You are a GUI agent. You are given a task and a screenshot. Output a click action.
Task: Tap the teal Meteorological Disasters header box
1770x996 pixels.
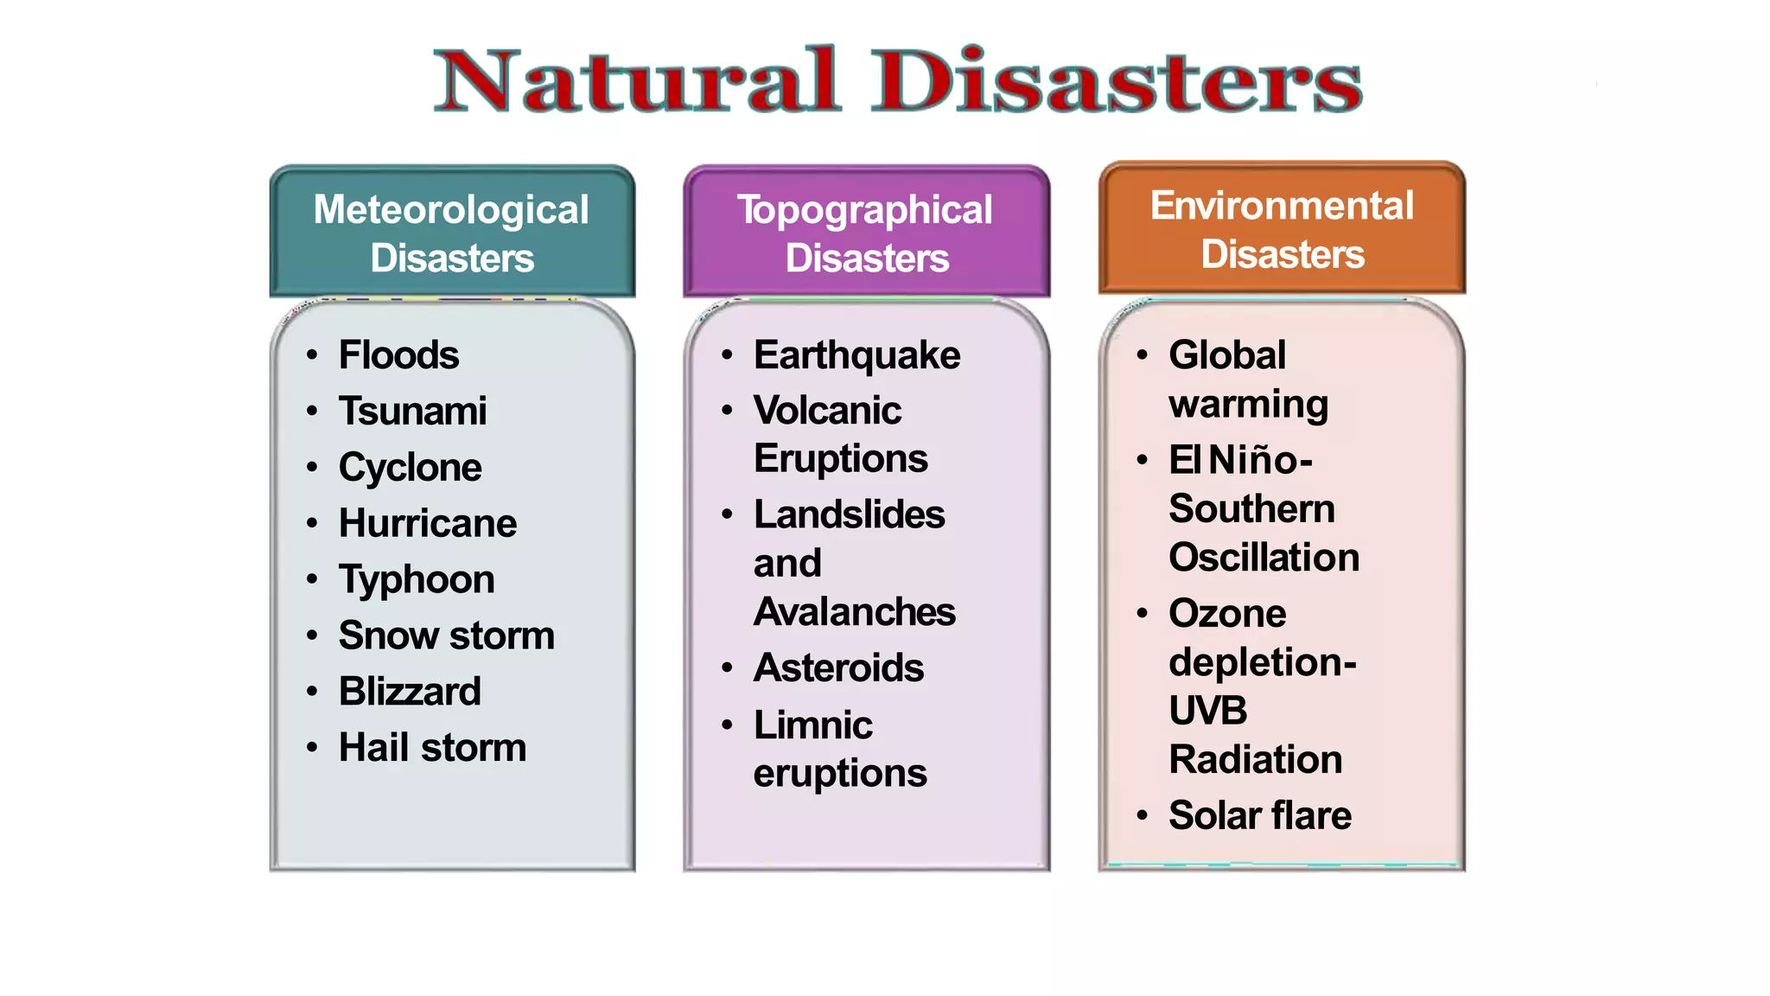pyautogui.click(x=452, y=233)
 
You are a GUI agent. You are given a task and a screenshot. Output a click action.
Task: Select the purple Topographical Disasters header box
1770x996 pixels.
pyautogui.click(x=866, y=233)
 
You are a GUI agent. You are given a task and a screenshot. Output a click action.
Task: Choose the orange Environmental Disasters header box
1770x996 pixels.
pyautogui.click(x=1282, y=229)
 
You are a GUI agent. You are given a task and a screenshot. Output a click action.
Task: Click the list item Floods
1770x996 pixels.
pyautogui.click(x=398, y=355)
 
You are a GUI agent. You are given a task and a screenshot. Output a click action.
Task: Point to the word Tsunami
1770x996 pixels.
pyautogui.click(x=412, y=411)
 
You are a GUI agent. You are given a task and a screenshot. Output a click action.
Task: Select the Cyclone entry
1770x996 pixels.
pyautogui.click(x=410, y=468)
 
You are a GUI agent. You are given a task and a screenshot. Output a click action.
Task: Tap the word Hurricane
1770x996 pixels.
pyautogui.click(x=428, y=523)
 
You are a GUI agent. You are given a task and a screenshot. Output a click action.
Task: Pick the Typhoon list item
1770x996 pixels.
pyautogui.click(x=417, y=579)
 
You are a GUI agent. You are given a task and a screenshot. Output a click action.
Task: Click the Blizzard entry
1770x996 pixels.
pyautogui.click(x=410, y=692)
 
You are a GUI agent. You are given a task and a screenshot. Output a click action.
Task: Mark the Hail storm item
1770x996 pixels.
pyautogui.click(x=432, y=748)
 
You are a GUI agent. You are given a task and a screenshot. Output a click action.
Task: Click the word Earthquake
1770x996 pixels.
pyautogui.click(x=856, y=355)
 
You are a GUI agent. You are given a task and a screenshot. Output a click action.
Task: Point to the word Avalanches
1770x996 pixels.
pyautogui.click(x=854, y=612)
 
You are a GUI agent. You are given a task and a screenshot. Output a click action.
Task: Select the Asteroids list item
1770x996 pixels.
pyautogui.click(x=838, y=668)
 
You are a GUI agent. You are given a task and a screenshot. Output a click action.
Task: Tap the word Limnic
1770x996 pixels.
pyautogui.click(x=812, y=725)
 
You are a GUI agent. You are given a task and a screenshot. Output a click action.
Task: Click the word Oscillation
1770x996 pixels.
pyautogui.click(x=1264, y=558)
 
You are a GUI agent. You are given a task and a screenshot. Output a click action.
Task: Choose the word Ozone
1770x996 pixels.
pyautogui.click(x=1227, y=614)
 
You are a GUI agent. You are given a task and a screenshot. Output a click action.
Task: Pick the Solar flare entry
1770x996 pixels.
pyautogui.click(x=1260, y=815)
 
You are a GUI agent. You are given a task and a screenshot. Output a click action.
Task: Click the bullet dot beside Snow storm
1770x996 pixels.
pyautogui.click(x=312, y=635)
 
